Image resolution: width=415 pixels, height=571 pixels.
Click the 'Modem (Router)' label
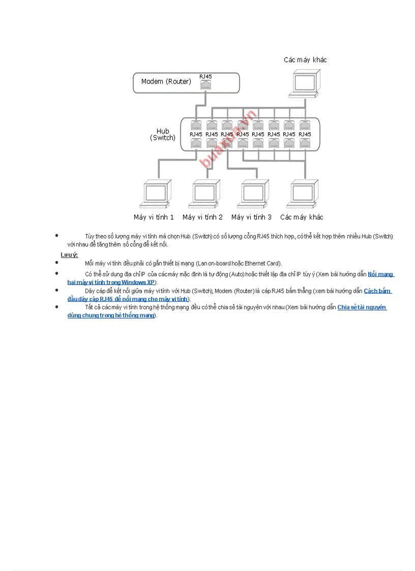[x=166, y=81]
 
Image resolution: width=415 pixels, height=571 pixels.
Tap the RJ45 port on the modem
[x=205, y=85]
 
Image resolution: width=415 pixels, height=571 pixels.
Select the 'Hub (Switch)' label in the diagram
[x=163, y=134]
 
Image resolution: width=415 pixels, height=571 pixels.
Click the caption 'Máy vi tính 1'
[x=154, y=217]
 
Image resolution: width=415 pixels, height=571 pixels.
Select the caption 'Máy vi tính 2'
[x=202, y=217]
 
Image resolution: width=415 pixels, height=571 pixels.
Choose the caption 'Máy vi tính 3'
[x=251, y=217]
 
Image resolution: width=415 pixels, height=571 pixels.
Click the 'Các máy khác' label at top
[x=305, y=60]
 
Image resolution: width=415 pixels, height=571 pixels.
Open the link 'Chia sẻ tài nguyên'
[x=362, y=307]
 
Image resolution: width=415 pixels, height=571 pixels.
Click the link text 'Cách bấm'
[x=377, y=291]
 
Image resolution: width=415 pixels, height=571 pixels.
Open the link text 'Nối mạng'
[x=380, y=274]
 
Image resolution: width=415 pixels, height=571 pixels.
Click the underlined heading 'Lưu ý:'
[x=69, y=254]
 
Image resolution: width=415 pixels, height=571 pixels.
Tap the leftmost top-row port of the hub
[x=196, y=125]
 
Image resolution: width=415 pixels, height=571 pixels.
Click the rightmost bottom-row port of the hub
[x=305, y=143]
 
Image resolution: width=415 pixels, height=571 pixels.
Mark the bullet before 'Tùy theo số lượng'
[x=57, y=235]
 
